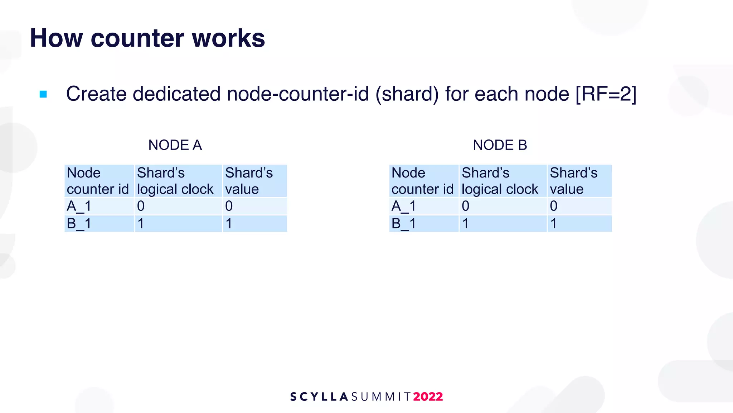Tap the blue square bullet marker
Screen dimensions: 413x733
point(43,94)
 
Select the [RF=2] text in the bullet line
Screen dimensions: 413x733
point(606,94)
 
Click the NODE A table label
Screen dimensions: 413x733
point(175,145)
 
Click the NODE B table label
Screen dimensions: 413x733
point(500,145)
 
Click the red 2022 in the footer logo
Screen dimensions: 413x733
point(428,397)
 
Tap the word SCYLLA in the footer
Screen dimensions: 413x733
point(319,397)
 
